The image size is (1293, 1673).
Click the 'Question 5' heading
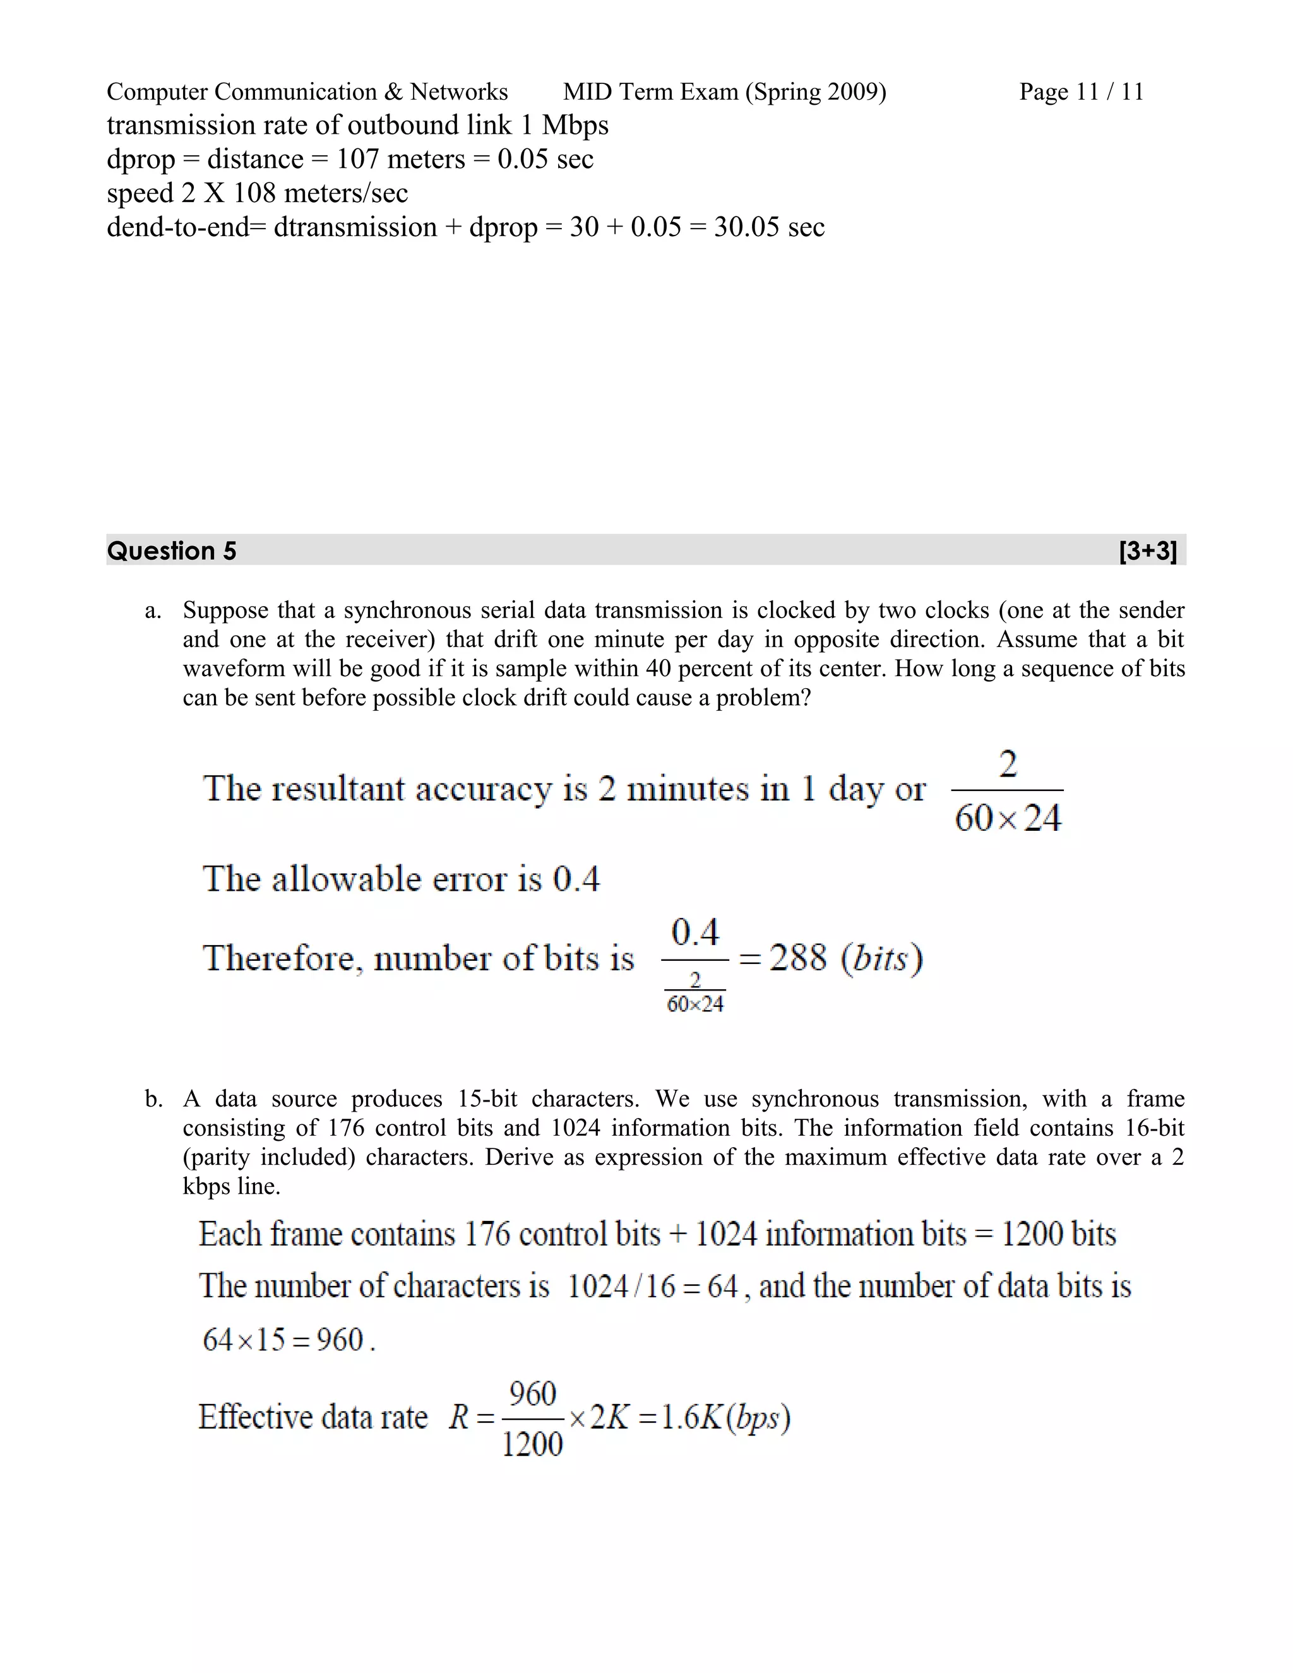point(172,551)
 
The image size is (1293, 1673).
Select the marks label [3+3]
point(1147,551)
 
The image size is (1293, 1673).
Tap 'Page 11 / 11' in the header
point(1081,92)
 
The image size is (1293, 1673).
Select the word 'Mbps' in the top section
point(575,125)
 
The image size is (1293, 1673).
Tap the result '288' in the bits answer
point(797,958)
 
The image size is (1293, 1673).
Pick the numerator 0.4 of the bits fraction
point(694,932)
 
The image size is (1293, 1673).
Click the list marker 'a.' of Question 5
point(153,610)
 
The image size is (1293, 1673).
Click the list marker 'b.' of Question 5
point(153,1099)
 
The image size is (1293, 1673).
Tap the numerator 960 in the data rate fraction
point(532,1394)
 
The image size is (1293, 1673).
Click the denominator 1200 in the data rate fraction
point(532,1444)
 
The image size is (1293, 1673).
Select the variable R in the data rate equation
point(459,1417)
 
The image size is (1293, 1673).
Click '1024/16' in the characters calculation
point(621,1287)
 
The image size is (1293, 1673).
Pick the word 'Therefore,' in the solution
point(283,958)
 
